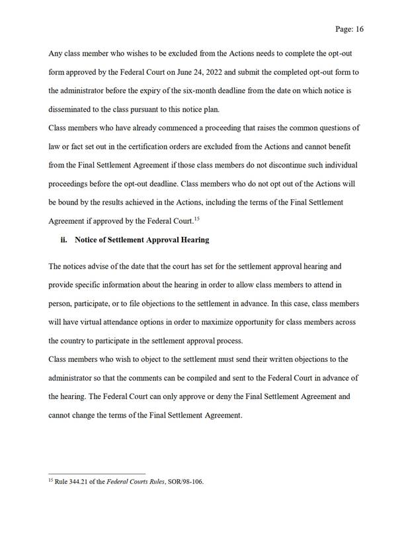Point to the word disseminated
73,109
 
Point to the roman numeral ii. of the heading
65,240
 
